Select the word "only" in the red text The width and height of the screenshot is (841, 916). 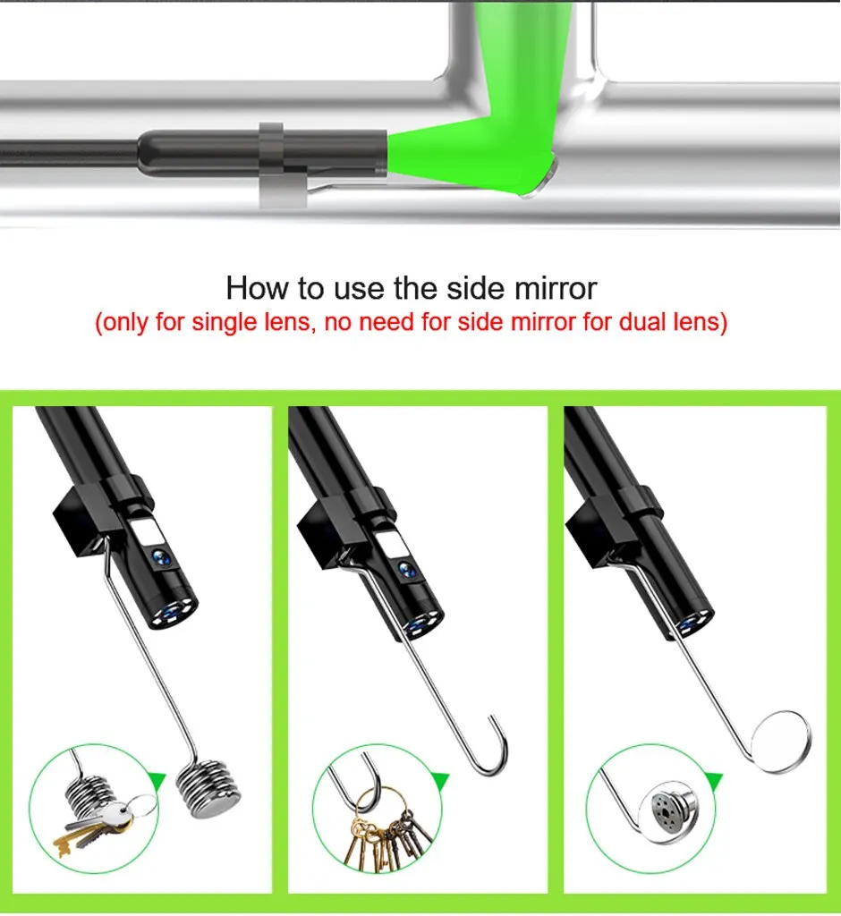(x=125, y=322)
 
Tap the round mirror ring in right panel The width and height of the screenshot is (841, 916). (x=781, y=741)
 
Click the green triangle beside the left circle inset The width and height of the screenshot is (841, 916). (x=157, y=782)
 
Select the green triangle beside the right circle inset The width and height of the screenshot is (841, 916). (x=714, y=783)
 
